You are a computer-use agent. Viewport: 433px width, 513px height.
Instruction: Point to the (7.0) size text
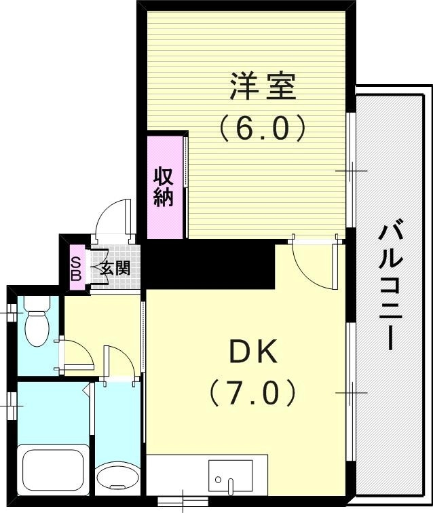tap(252, 392)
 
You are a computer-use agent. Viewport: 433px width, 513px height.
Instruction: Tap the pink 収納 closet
tap(164, 187)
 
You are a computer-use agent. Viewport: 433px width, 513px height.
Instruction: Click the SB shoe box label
tap(76, 269)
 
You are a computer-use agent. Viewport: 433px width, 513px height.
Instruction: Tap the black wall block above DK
tap(204, 263)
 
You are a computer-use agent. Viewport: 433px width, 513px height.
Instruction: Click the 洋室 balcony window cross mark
tap(352, 171)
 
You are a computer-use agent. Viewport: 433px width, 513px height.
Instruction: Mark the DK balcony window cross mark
tap(352, 392)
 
